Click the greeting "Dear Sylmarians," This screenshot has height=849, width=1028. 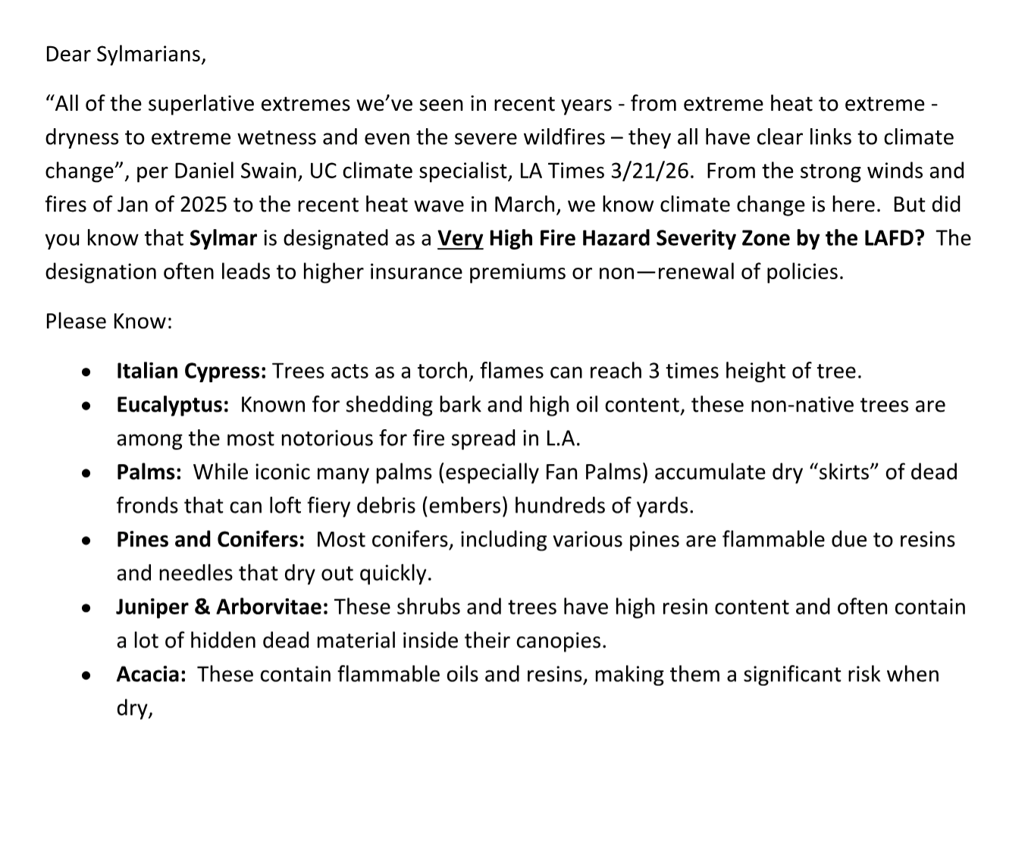(125, 55)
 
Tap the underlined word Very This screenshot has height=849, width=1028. (460, 238)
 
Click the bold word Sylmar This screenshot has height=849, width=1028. (223, 238)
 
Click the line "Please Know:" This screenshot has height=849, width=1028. (109, 321)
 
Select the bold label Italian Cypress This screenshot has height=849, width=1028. (191, 371)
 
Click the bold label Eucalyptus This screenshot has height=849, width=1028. (172, 405)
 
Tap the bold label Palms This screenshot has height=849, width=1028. (149, 472)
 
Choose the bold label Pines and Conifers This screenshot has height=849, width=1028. (210, 540)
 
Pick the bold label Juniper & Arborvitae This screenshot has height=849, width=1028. (222, 607)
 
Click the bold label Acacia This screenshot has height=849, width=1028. (151, 675)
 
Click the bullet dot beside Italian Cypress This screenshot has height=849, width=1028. (87, 373)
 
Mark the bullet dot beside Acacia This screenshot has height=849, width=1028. (87, 675)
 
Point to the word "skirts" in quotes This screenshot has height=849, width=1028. (835, 472)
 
